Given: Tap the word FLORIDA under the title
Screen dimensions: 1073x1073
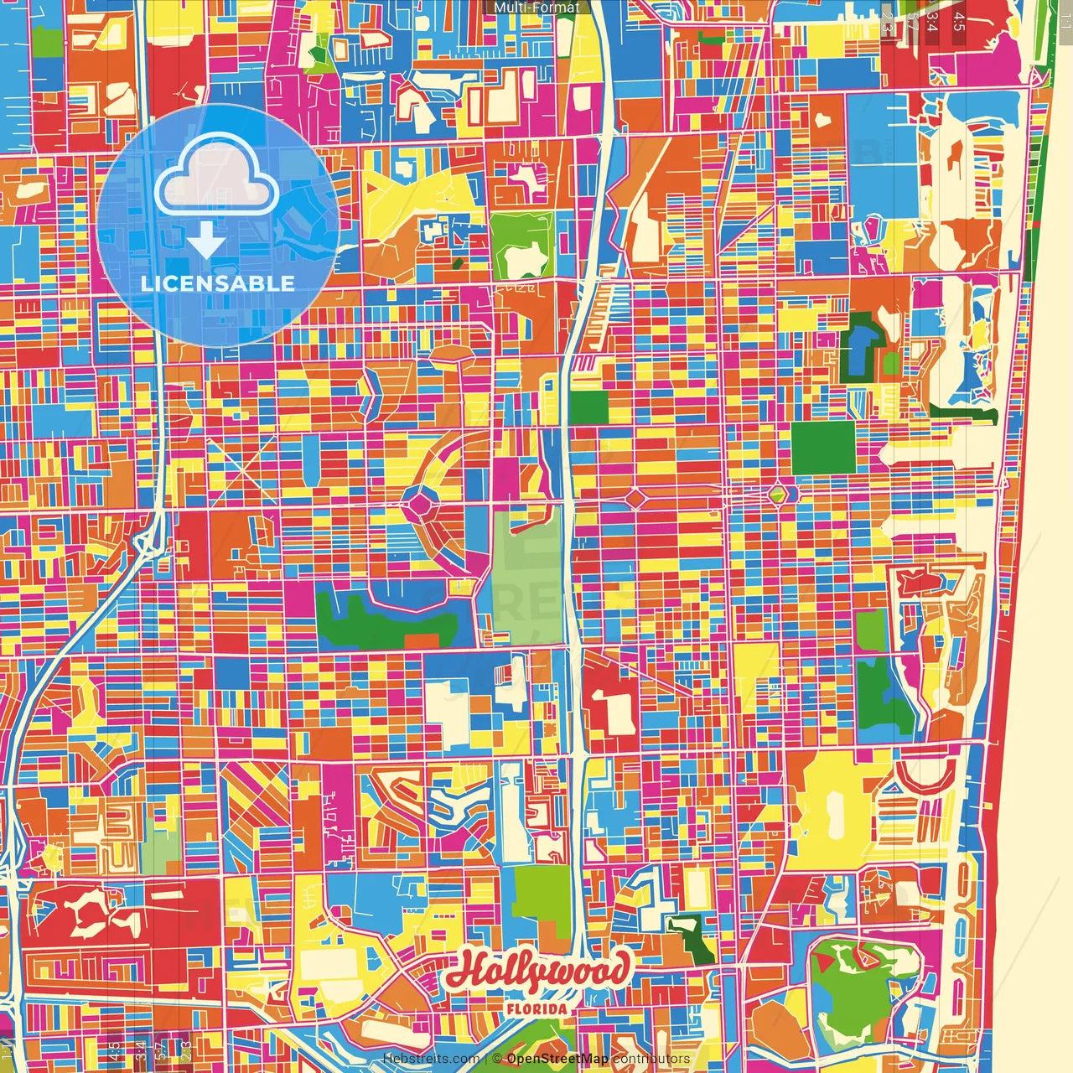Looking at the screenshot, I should [x=536, y=1009].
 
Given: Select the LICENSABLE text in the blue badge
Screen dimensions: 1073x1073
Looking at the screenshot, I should [x=218, y=283].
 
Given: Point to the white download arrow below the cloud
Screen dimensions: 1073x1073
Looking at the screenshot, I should [x=205, y=240].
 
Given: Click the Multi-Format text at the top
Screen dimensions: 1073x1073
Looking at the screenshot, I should [x=536, y=8].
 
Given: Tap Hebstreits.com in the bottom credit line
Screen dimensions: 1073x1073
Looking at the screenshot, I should [x=431, y=1059].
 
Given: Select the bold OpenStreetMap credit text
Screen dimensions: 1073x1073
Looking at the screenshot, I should [x=557, y=1059].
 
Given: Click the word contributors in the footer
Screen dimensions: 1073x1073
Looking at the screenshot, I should [x=651, y=1059].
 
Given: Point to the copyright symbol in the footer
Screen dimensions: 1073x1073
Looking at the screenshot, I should [x=497, y=1059].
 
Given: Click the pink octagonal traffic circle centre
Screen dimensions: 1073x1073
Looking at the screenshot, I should [x=419, y=504].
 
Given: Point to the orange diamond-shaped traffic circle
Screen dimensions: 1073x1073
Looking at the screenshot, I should [x=636, y=499].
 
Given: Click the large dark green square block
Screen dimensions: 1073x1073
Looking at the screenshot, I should [x=823, y=447].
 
